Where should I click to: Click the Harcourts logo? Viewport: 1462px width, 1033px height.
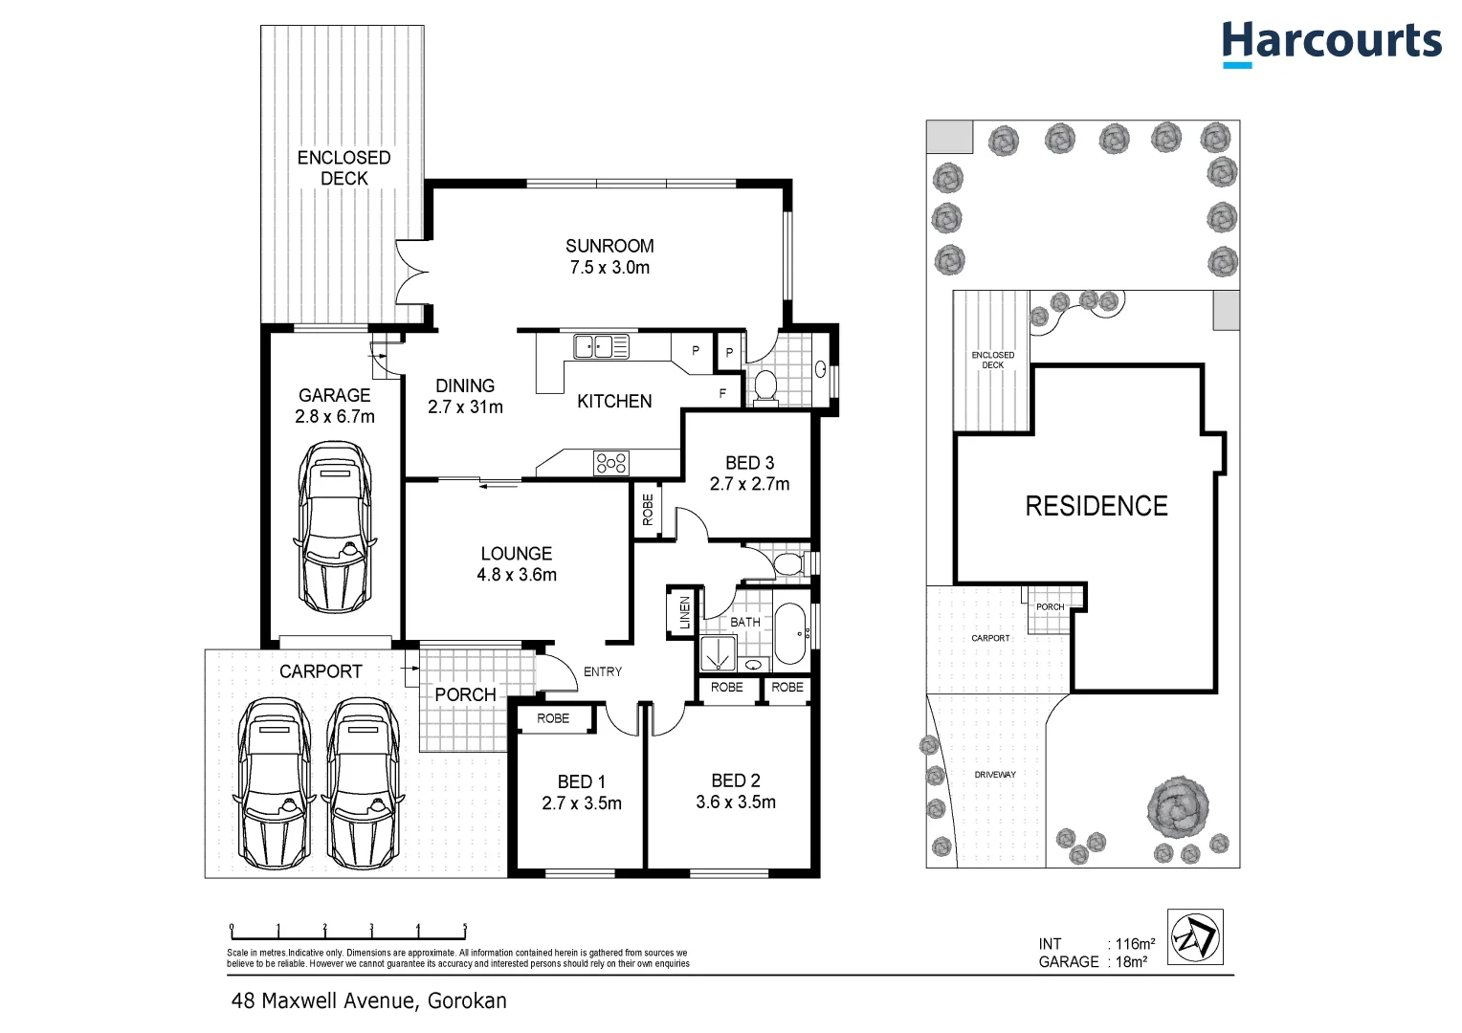click(x=1331, y=44)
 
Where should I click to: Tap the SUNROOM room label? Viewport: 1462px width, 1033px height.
click(x=609, y=246)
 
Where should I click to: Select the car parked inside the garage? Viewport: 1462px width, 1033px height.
click(x=335, y=527)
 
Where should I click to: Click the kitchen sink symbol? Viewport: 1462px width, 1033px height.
click(x=600, y=346)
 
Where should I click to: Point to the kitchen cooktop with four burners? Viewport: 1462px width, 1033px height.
click(x=611, y=463)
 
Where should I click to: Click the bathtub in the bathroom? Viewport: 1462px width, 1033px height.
click(x=790, y=632)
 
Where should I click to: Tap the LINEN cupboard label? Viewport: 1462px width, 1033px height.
click(x=684, y=612)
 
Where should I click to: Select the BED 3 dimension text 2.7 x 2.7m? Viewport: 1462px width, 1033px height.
click(x=749, y=484)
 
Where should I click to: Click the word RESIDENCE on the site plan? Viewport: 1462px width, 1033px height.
click(x=1096, y=506)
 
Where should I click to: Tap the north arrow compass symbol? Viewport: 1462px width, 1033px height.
click(x=1196, y=937)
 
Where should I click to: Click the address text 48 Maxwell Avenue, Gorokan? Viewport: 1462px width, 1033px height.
click(x=369, y=1001)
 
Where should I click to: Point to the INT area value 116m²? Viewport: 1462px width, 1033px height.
click(x=1135, y=944)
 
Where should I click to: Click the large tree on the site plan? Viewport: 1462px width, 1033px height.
click(x=1178, y=805)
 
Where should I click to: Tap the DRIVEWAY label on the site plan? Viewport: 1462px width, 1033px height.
click(x=995, y=775)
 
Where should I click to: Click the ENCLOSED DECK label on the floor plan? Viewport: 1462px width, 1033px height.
click(x=343, y=167)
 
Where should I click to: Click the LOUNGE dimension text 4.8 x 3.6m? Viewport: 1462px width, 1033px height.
click(x=517, y=575)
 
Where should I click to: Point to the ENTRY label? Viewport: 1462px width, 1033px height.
click(x=603, y=671)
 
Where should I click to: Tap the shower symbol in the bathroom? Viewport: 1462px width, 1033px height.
click(x=718, y=653)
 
